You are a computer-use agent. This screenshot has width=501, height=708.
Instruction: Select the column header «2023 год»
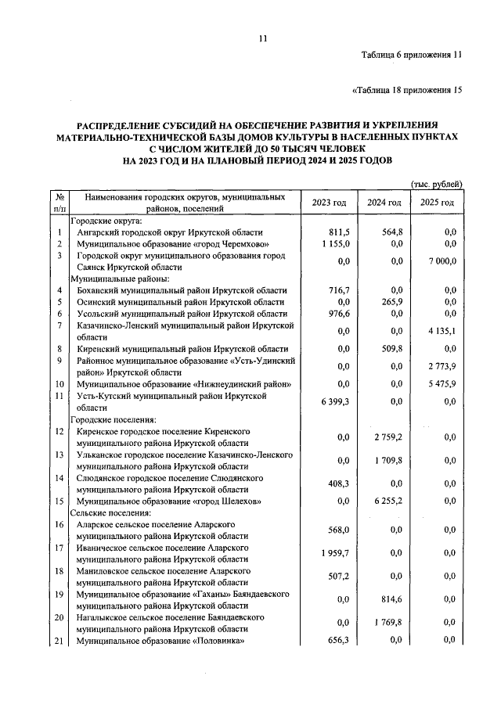(x=329, y=203)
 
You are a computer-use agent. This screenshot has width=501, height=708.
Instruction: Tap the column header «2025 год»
(x=437, y=203)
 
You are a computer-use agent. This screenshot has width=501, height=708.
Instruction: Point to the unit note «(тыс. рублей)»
(x=436, y=184)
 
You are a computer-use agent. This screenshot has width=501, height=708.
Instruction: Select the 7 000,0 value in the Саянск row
(x=440, y=261)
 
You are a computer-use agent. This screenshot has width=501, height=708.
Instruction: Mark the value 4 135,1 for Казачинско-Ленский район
(x=440, y=330)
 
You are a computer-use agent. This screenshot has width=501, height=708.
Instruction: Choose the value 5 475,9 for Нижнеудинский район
(x=440, y=384)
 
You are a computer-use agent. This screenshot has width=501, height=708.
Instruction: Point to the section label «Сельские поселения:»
(x=111, y=512)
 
